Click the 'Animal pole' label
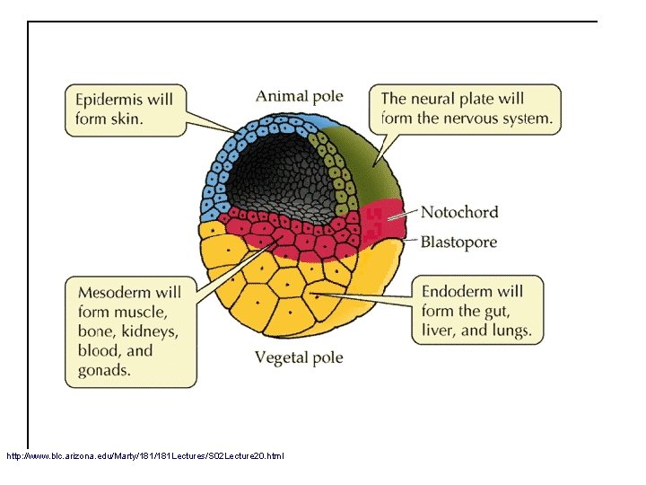[x=299, y=96]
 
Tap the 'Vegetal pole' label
[x=299, y=357]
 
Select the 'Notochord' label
[x=459, y=212]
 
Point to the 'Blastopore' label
[x=458, y=242]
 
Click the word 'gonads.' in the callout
[x=104, y=370]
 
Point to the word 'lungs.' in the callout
[x=511, y=331]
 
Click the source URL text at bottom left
[x=144, y=456]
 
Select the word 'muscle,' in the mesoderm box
[x=136, y=312]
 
